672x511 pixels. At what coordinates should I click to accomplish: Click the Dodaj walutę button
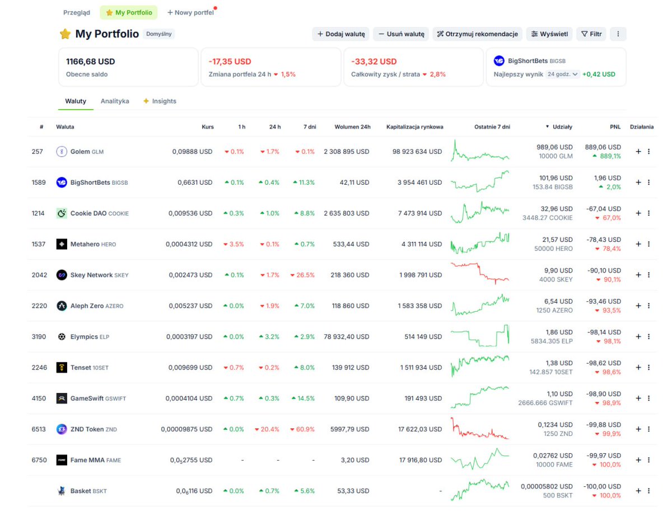pos(340,34)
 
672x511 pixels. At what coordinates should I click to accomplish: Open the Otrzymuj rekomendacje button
pos(477,34)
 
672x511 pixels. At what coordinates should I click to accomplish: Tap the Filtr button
pos(591,34)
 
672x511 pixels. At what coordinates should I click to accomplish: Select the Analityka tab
pos(115,101)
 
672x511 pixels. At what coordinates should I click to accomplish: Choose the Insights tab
pos(160,101)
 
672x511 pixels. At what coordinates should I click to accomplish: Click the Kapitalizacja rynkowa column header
pos(414,126)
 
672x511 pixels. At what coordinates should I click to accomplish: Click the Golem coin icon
pos(62,152)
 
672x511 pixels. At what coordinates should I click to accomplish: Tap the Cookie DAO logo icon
pos(62,213)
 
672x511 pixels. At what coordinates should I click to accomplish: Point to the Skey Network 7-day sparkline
pos(480,273)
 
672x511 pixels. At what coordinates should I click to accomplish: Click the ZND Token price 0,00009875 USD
pos(186,429)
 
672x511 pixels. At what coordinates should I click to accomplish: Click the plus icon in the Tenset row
pos(638,368)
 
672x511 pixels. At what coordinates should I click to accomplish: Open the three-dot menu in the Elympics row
pos(648,336)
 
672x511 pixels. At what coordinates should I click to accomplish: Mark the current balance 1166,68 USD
pos(90,62)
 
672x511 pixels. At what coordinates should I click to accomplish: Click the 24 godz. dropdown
pos(563,74)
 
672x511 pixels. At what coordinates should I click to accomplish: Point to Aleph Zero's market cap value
pos(420,306)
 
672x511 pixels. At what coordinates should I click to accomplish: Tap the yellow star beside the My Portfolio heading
pos(65,34)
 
